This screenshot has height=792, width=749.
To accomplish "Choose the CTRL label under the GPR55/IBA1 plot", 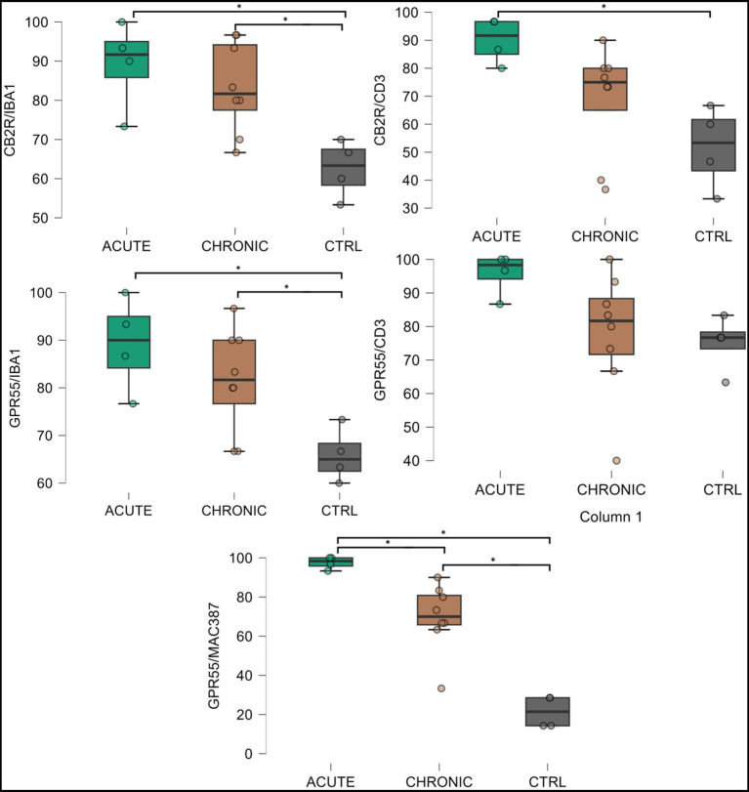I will pos(340,510).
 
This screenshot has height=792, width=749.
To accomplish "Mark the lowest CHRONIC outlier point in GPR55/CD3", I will pos(616,461).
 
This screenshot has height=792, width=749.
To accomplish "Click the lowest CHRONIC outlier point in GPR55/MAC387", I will pos(441,688).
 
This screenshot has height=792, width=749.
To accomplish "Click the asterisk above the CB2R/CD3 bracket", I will pos(603,7).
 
